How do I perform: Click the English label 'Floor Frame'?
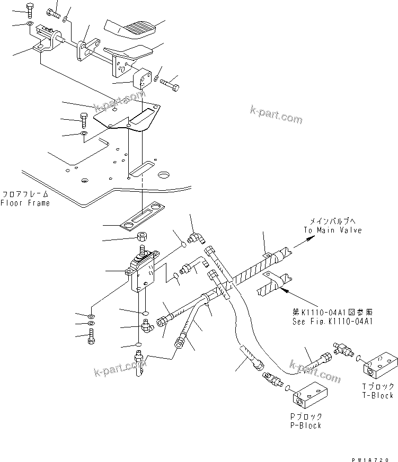click(25, 203)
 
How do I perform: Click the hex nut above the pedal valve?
click(142, 236)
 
